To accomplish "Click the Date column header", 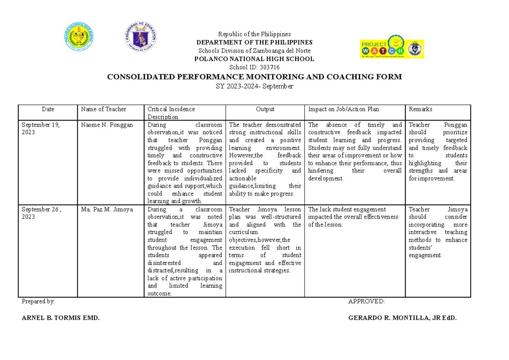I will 48,109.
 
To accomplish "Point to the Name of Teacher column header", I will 104,109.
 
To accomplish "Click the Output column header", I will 265,109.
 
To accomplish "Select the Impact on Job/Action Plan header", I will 344,109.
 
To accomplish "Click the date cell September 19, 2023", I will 41,129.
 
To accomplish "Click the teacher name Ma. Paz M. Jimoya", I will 106,209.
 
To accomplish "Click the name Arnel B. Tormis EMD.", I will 61,318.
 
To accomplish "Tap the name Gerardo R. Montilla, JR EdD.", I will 402,318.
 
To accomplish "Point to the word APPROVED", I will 366,301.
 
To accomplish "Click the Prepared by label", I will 38,301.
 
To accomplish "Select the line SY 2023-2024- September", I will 254,87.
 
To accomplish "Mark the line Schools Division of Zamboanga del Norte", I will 254,51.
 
